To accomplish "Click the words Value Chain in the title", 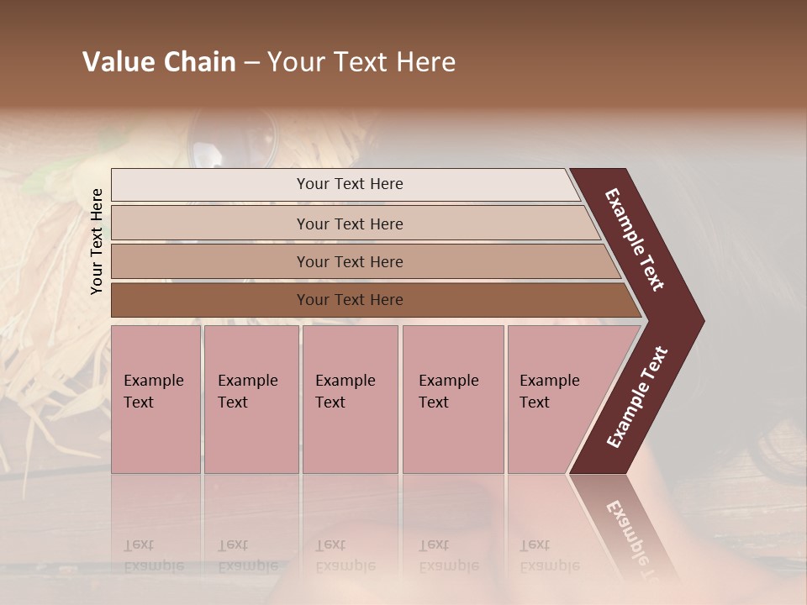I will pos(159,62).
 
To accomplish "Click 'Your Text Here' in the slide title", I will pos(361,62).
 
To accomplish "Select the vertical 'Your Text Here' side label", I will pos(97,241).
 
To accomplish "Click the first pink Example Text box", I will pos(156,399).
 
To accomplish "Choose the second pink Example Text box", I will pos(251,399).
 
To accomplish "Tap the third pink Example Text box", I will pos(350,399).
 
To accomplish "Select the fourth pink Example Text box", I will pos(453,399).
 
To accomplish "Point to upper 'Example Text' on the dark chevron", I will pos(635,239).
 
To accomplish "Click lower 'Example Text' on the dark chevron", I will pos(637,397).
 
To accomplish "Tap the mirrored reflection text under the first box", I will pos(153,555).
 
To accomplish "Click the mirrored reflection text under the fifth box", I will pos(549,555).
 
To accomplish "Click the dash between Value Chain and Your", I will pos(251,62).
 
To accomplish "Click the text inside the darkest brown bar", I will pos(350,300).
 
